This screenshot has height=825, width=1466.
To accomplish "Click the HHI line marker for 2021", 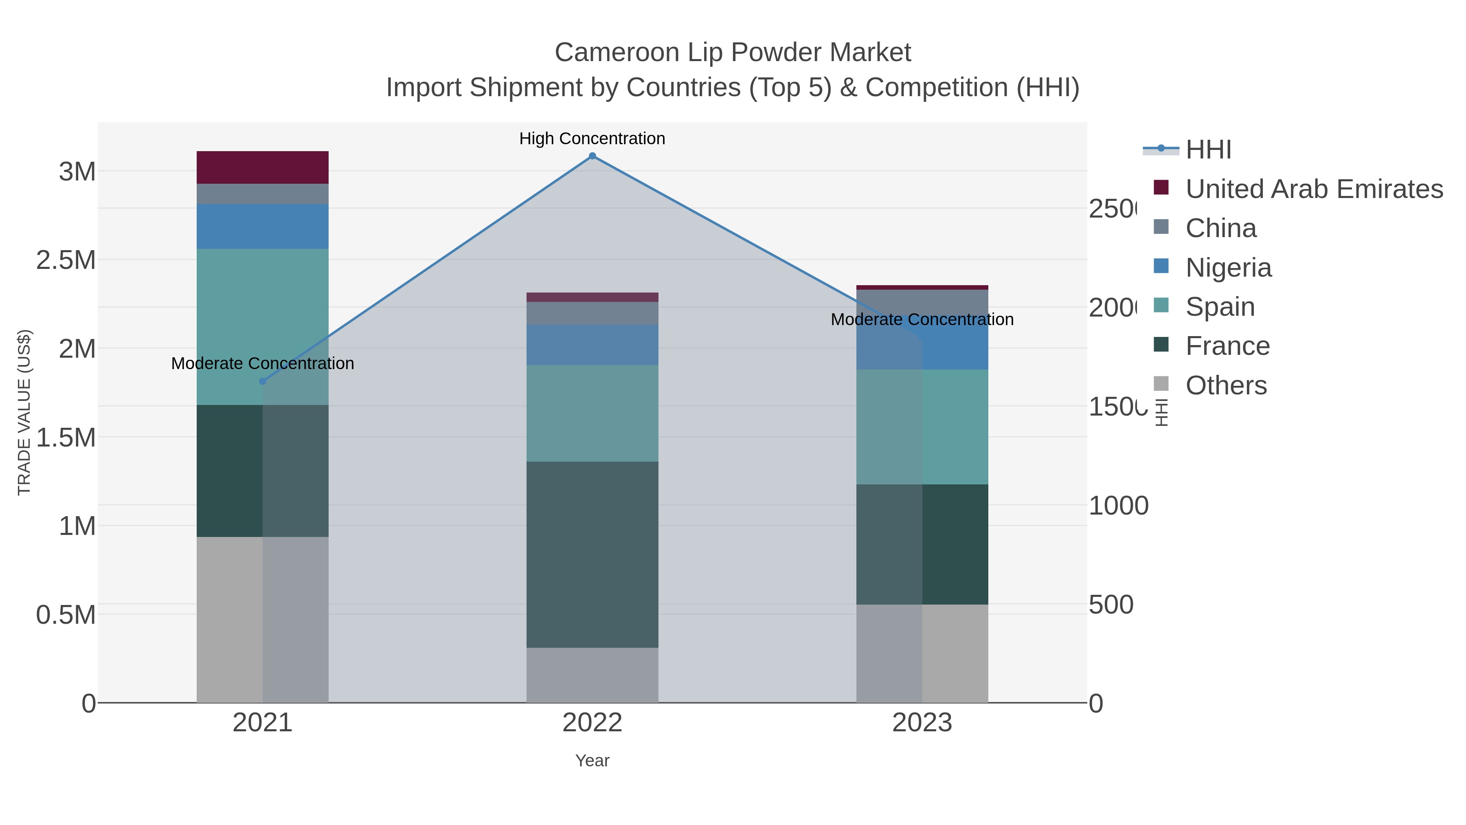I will tap(262, 381).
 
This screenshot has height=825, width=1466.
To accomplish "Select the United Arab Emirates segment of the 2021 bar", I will tap(262, 167).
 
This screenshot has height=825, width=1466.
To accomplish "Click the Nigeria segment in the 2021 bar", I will tap(262, 227).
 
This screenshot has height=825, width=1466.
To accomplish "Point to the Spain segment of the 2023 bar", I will tap(922, 427).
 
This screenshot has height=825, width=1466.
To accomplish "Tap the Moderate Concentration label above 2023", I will tap(922, 319).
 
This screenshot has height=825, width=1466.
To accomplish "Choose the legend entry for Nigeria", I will tap(1228, 268).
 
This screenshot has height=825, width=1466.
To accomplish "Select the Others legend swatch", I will tap(1161, 384).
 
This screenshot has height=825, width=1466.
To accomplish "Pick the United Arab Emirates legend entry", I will tap(1313, 189).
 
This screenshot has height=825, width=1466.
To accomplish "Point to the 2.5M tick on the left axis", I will tap(66, 260).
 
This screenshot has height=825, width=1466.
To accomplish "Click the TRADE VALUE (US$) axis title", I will tap(24, 412).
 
